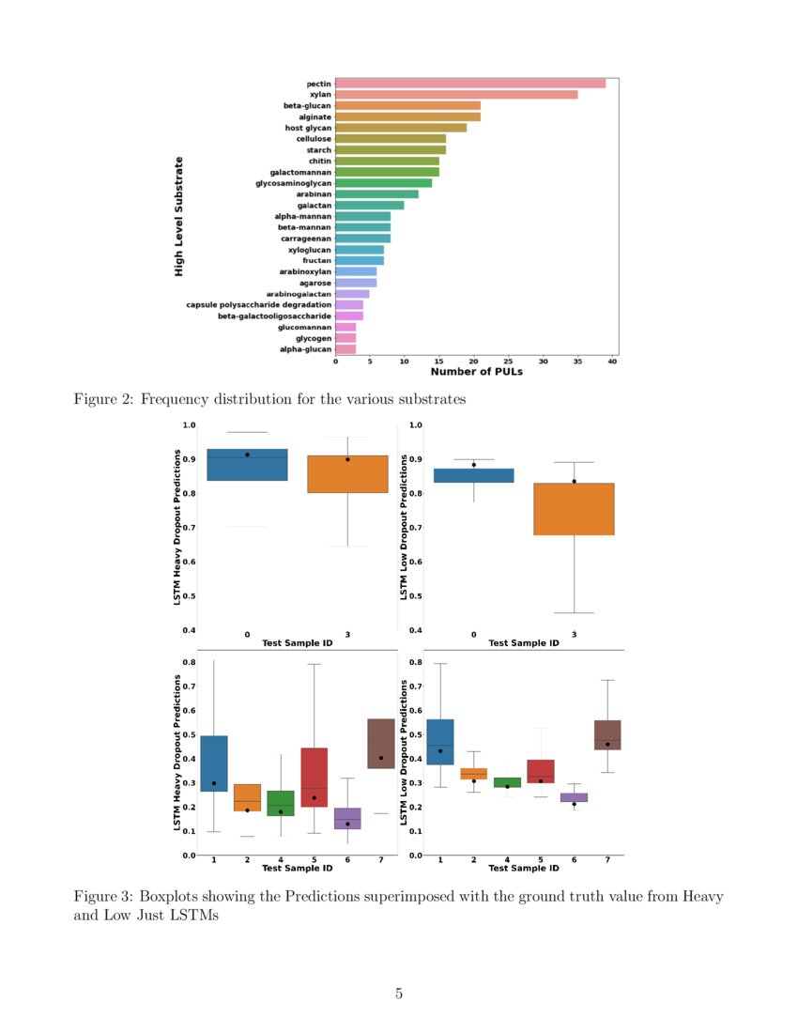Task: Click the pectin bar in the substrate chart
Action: coord(469,84)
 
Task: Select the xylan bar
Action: coord(456,94)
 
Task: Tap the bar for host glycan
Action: coord(401,128)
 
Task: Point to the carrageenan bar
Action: coord(362,239)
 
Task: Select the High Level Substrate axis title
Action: coord(178,216)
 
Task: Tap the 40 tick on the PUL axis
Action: coord(613,362)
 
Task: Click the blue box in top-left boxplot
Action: coord(247,465)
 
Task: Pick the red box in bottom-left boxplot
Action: coord(315,777)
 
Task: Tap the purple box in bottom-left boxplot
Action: coord(347,818)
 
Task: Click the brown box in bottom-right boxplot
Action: coord(607,734)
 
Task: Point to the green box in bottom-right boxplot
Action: coord(507,782)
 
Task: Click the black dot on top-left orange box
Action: coord(347,459)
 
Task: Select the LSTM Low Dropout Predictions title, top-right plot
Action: coord(405,529)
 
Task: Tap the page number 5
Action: coord(399,994)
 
